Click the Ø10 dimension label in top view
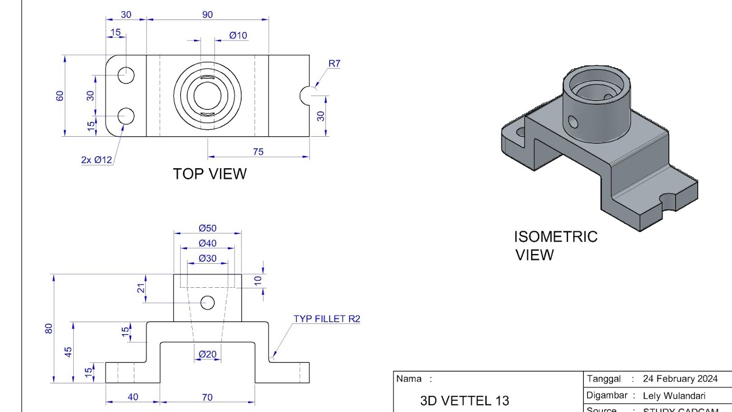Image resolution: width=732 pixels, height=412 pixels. pyautogui.click(x=238, y=35)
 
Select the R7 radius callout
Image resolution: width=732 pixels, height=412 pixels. pyautogui.click(x=334, y=64)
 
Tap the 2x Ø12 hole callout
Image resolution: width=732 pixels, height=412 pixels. pyautogui.click(x=97, y=160)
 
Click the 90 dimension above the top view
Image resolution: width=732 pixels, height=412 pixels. pyautogui.click(x=207, y=15)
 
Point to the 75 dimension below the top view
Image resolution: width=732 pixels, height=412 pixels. pyautogui.click(x=258, y=152)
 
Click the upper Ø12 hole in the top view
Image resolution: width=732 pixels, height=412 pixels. pyautogui.click(x=126, y=75)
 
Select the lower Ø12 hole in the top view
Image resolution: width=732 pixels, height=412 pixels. pyautogui.click(x=126, y=116)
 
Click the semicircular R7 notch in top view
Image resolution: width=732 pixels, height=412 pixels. pyautogui.click(x=305, y=96)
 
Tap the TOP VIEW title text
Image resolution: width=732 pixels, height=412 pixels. pyautogui.click(x=210, y=174)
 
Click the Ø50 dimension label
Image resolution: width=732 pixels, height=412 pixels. pyautogui.click(x=208, y=228)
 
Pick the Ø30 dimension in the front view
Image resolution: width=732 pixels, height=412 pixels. pyautogui.click(x=208, y=259)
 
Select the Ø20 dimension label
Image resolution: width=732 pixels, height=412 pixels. pyautogui.click(x=208, y=355)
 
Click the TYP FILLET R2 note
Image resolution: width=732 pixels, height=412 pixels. pyautogui.click(x=327, y=319)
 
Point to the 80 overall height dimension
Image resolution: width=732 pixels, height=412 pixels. pyautogui.click(x=49, y=328)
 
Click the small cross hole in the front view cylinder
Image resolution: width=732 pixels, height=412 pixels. pyautogui.click(x=208, y=303)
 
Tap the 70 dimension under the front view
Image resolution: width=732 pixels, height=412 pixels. pyautogui.click(x=207, y=397)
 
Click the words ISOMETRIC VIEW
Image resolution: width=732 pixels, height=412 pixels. pyautogui.click(x=555, y=245)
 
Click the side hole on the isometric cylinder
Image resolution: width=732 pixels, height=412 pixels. pyautogui.click(x=572, y=121)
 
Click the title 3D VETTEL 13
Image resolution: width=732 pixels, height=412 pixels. pyautogui.click(x=464, y=401)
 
